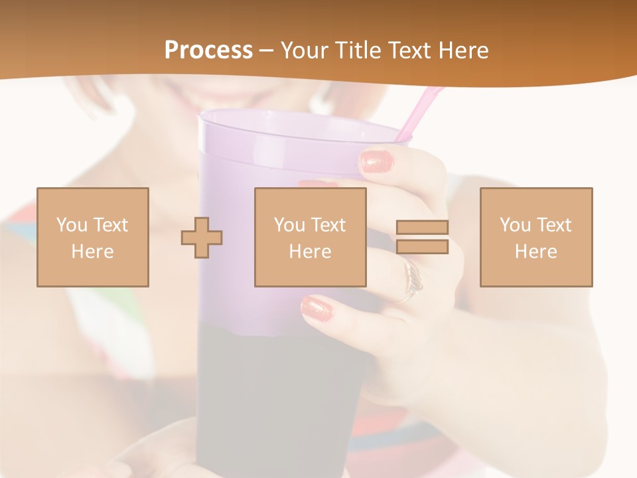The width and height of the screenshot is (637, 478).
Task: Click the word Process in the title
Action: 208,50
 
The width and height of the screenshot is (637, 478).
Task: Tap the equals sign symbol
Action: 422,237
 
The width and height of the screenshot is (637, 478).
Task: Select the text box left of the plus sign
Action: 93,237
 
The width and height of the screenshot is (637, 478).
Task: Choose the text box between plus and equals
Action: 310,237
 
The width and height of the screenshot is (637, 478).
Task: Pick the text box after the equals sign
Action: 536,237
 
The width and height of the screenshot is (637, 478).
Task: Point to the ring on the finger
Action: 413,279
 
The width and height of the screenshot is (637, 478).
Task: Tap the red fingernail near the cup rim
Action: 378,161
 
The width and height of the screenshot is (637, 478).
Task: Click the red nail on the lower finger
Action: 316,308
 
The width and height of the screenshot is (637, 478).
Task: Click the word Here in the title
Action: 464,50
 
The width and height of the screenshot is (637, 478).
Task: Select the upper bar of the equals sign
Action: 422,227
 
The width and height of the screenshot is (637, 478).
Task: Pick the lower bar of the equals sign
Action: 422,247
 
